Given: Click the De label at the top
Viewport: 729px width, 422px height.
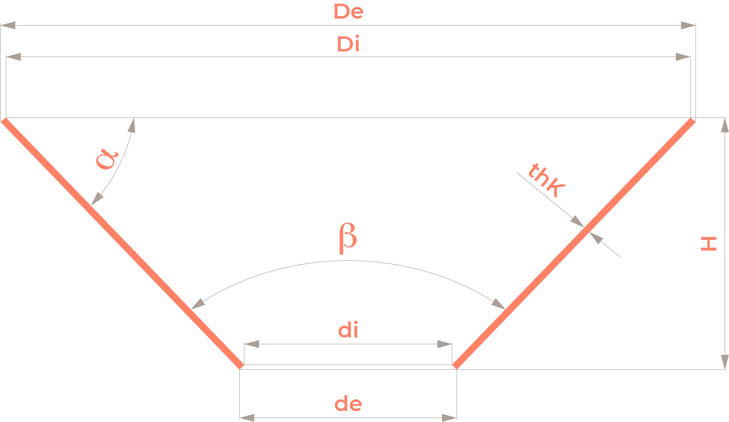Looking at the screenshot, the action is point(348,12).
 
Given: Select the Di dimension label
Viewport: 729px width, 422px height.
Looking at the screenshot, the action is point(348,44).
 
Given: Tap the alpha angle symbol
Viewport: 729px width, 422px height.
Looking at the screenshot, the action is point(107,159).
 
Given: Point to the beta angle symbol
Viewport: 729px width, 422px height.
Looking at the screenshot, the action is point(348,238).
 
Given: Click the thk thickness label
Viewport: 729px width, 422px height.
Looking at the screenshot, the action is point(546,180).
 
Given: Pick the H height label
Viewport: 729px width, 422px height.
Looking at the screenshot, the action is point(709,244).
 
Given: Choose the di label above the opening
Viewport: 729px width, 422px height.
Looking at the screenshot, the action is point(348,330).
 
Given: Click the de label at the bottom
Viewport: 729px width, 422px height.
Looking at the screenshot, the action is point(348,404).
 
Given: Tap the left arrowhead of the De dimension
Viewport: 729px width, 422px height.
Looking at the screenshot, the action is point(8,25).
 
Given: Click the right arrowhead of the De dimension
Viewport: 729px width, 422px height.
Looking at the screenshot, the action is point(688,25).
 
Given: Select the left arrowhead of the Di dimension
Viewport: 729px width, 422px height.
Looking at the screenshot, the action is point(13,57).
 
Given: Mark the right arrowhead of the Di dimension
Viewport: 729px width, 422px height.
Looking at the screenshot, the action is point(683,57).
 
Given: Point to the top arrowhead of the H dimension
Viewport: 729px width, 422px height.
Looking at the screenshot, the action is point(725,125).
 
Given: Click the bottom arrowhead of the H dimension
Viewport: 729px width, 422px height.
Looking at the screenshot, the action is point(725,362).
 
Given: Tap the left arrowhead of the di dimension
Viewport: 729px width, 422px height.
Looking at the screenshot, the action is point(252,344).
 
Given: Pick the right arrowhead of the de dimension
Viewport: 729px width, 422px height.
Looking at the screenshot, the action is point(449,418).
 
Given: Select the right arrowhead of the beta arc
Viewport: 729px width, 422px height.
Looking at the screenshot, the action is point(499,304).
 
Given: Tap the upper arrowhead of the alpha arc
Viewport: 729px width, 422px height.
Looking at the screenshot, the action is point(132,125).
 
